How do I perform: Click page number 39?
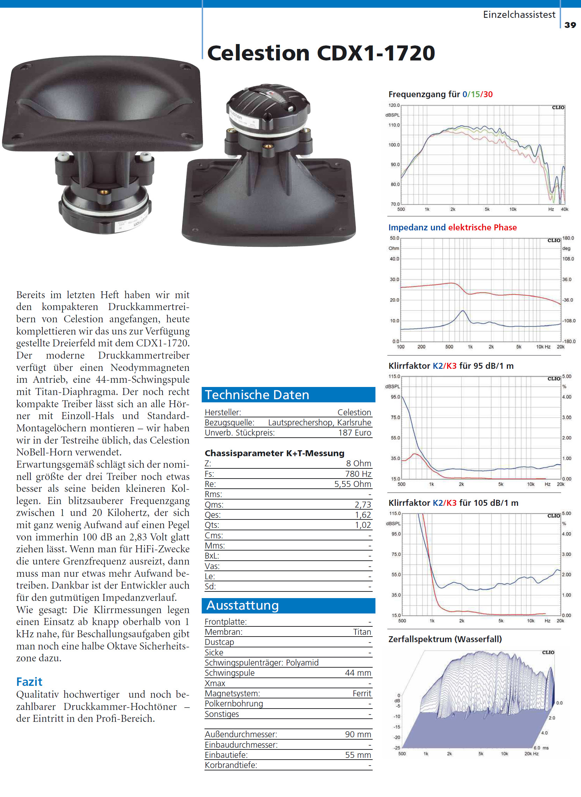point(570,25)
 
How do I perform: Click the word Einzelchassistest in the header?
point(519,15)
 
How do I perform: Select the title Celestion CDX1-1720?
point(321,53)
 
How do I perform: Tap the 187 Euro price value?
point(354,433)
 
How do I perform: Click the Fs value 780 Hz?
point(358,474)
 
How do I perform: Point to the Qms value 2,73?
point(363,504)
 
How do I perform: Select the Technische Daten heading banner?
point(288,395)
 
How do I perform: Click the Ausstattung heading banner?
point(288,605)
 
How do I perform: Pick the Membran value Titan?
point(362,632)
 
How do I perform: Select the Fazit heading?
point(29,682)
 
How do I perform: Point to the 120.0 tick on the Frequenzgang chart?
point(394,105)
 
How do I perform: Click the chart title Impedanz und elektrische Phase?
point(452,228)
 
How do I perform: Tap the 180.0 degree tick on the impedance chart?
point(568,238)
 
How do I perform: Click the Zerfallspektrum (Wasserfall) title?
point(445,639)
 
